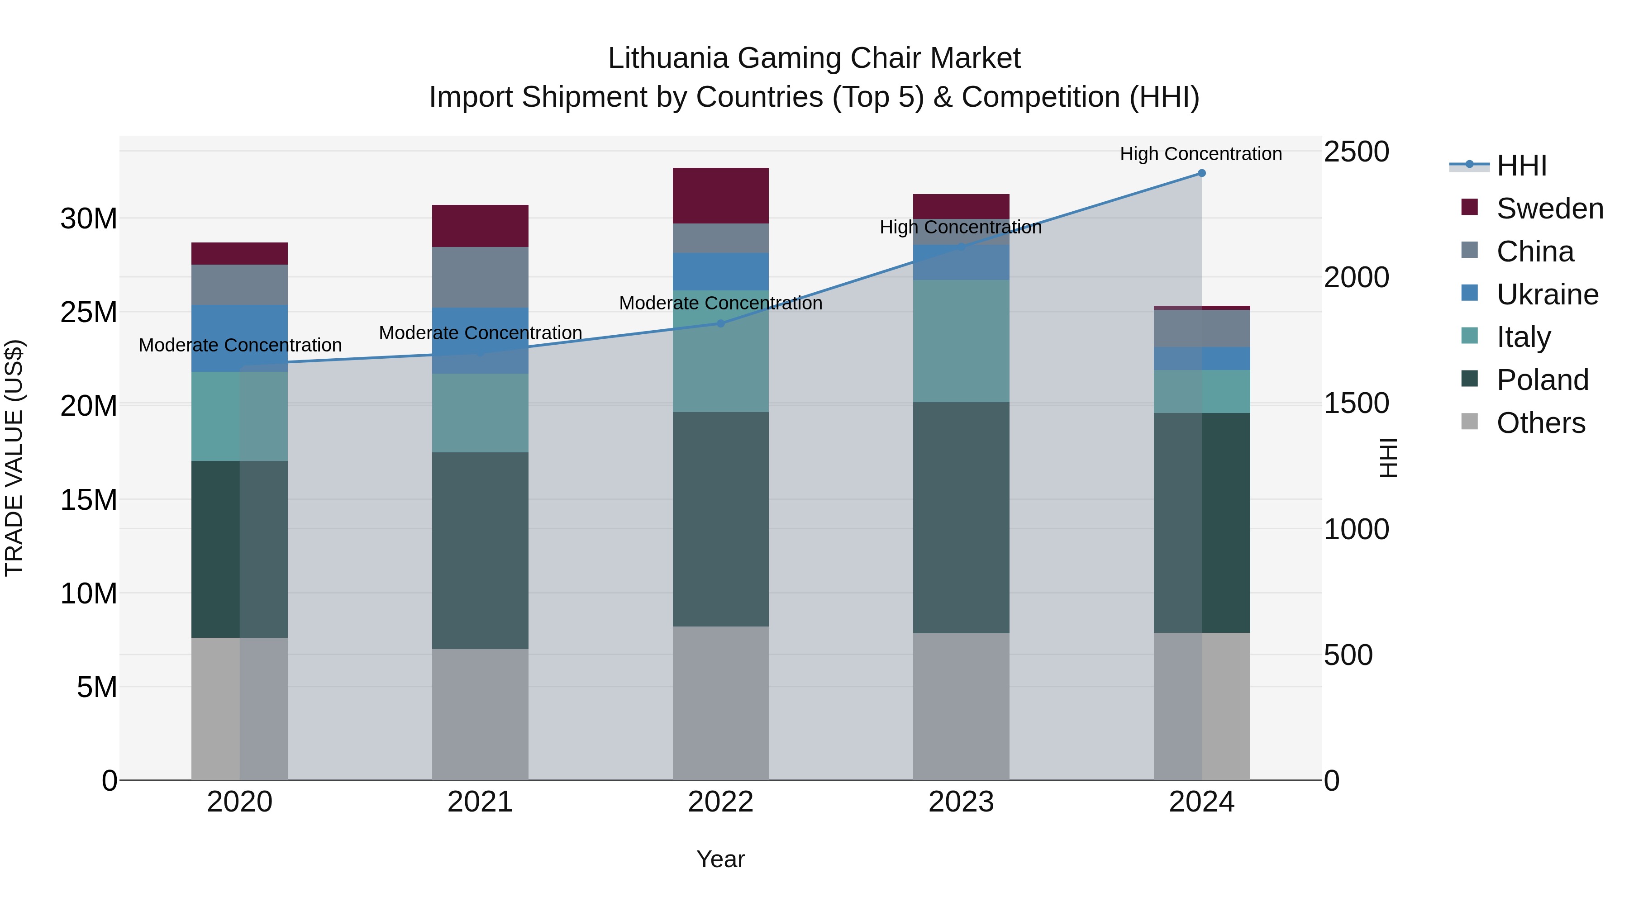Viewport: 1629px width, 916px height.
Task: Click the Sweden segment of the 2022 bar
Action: tap(720, 195)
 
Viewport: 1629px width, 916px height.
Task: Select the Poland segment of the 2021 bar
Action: tap(480, 550)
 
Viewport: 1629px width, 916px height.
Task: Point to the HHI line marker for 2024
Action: tap(1201, 173)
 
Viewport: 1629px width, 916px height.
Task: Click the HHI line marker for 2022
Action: tap(720, 324)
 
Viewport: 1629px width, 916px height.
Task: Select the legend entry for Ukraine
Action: tap(1547, 294)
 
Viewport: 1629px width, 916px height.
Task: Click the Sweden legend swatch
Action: tap(1470, 207)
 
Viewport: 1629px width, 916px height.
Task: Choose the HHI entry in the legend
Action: tap(1521, 166)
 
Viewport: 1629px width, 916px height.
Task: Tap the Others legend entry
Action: tap(1540, 423)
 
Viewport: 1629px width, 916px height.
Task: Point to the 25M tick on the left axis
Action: tap(89, 312)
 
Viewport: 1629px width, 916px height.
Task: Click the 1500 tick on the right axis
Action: tap(1357, 403)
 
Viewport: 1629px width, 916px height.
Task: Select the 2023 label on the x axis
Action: tap(961, 802)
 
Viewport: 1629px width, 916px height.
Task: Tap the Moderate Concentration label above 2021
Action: tap(480, 332)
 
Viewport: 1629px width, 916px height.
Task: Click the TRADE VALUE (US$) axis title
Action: tap(14, 458)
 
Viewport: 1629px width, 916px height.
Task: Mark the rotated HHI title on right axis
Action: tap(1389, 458)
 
